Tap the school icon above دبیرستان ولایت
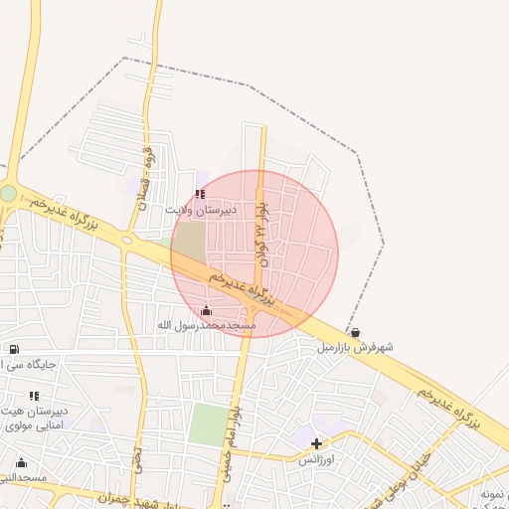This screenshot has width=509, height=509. (200, 195)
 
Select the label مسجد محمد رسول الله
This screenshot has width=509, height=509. (207, 325)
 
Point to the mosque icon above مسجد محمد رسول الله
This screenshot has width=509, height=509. (206, 310)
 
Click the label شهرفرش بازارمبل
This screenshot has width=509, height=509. (355, 347)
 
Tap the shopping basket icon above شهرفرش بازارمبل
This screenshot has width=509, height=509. (355, 332)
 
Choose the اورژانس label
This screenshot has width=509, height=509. (317, 460)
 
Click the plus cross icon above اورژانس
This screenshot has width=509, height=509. (317, 444)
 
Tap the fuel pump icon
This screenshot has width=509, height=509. (13, 349)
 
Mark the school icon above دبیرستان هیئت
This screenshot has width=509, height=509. (35, 395)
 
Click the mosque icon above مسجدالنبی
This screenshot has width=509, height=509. (21, 462)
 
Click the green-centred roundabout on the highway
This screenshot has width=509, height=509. (8, 193)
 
